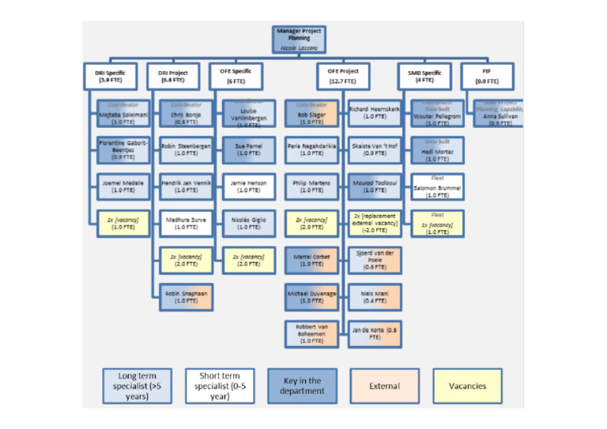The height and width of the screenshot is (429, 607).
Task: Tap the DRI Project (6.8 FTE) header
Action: pyautogui.click(x=173, y=77)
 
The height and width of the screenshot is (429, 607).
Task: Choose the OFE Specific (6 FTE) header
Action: pyautogui.click(x=237, y=77)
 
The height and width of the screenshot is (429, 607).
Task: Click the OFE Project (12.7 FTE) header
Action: pyautogui.click(x=343, y=77)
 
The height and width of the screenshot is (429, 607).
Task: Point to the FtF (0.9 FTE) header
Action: pyautogui.click(x=487, y=77)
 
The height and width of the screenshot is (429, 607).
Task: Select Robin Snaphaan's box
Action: pyautogui.click(x=186, y=297)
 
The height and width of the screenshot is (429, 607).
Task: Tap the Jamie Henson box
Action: pyautogui.click(x=248, y=186)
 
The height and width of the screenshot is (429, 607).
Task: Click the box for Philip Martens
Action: pyautogui.click(x=311, y=186)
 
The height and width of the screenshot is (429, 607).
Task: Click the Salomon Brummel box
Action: pyautogui.click(x=437, y=186)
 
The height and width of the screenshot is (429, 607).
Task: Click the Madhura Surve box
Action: pyautogui.click(x=186, y=224)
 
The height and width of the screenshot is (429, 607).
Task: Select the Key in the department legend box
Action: pyautogui.click(x=302, y=386)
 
